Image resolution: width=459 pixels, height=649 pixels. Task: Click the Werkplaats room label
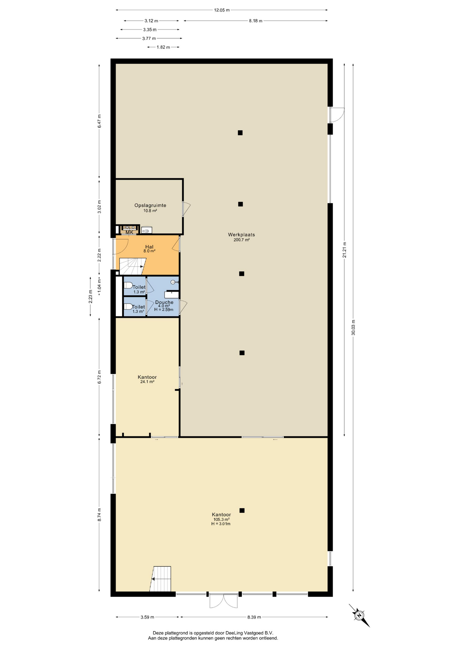click(x=241, y=235)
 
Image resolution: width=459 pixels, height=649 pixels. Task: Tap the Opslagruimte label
click(x=150, y=205)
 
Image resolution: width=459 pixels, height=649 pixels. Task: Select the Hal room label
click(x=149, y=247)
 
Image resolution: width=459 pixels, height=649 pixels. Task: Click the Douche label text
click(x=164, y=302)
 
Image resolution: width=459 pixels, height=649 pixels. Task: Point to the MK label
click(x=129, y=232)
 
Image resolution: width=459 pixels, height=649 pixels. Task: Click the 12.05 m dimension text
click(x=222, y=10)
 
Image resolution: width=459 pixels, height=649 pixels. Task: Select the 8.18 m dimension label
click(x=256, y=21)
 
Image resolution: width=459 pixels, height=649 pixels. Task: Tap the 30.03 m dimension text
click(x=353, y=327)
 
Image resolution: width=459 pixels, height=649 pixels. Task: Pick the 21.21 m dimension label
click(x=344, y=250)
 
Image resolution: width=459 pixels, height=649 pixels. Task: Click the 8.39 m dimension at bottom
click(x=254, y=617)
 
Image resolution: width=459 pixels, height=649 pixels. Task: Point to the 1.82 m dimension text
click(x=163, y=47)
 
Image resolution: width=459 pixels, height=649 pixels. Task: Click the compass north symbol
click(x=359, y=615)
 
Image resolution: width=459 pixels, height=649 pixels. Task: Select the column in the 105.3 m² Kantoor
click(x=242, y=510)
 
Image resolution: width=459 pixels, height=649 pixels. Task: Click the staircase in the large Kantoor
click(x=161, y=579)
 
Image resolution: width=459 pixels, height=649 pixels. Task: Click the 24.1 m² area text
click(x=147, y=382)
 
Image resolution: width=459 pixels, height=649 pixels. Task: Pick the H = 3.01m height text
click(x=221, y=524)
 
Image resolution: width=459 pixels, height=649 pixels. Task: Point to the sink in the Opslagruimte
click(x=146, y=230)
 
